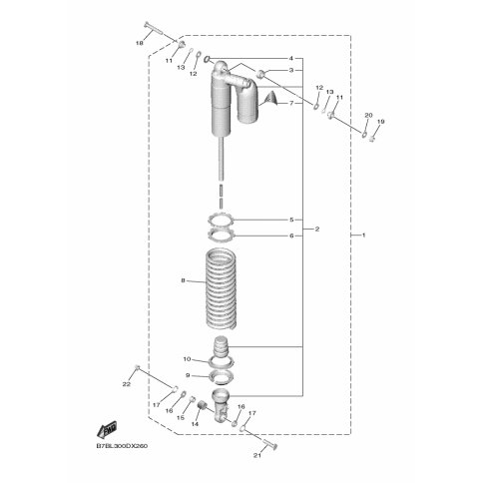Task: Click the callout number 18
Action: [140, 43]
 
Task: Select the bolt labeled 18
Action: [153, 28]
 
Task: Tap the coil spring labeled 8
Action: [222, 290]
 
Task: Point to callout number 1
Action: [363, 236]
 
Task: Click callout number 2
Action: [317, 230]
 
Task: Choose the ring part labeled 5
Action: [222, 220]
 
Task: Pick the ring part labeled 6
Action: [222, 236]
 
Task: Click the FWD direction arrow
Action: [107, 430]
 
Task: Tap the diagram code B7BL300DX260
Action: [122, 446]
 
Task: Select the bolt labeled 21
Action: [270, 444]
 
